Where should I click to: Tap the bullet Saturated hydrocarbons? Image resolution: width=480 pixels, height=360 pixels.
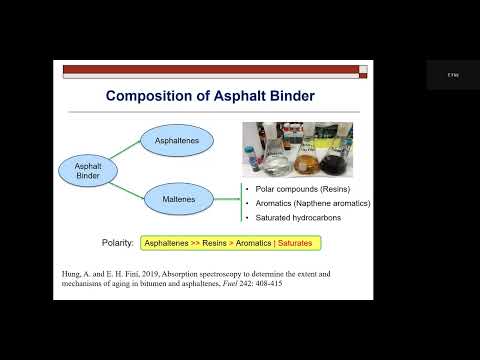pos(294,218)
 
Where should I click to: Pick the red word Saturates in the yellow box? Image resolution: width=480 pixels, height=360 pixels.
pos(296,242)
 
